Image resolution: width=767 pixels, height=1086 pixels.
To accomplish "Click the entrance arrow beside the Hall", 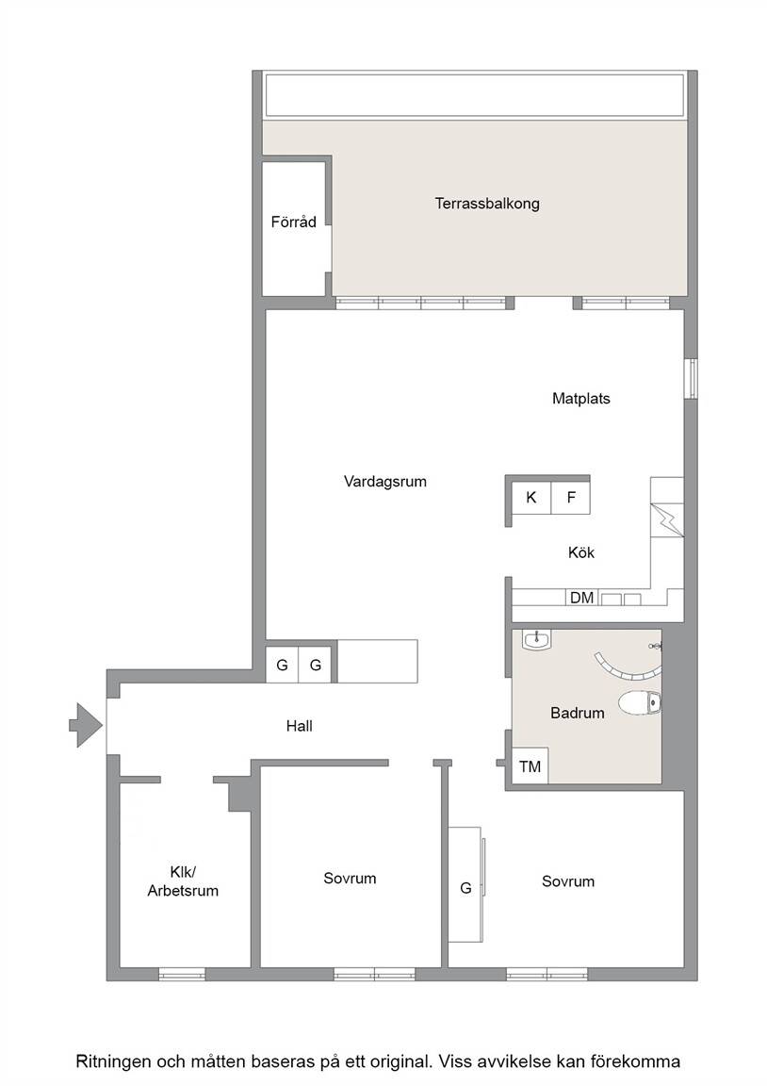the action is tap(87, 725).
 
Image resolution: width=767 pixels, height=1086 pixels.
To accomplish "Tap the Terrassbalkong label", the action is tap(487, 204).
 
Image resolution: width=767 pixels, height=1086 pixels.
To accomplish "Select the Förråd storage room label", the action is tap(293, 222).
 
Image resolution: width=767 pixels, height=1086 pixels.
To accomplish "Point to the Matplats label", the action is tap(581, 398).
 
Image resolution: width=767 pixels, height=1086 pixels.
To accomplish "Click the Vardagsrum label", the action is tap(384, 482).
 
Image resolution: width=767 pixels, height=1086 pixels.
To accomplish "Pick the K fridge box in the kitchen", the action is tap(530, 497).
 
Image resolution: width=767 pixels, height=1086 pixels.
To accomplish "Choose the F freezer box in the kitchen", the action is tap(570, 497).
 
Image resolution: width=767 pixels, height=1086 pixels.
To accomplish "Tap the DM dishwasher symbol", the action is tap(581, 597).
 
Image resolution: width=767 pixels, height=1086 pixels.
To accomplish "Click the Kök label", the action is tap(581, 552).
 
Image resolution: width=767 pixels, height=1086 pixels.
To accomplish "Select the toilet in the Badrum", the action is tap(641, 703).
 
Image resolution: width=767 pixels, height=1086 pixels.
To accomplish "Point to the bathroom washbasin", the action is tap(537, 639).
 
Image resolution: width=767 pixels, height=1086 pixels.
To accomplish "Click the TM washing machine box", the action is tap(530, 766).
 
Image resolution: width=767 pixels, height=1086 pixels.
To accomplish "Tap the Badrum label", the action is tap(578, 713).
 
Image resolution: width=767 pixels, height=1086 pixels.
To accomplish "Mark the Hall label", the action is tap(299, 726).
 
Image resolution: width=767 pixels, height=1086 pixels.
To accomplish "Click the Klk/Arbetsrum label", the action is tap(183, 881).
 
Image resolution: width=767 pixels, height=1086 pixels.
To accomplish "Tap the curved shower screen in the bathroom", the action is tap(627, 670).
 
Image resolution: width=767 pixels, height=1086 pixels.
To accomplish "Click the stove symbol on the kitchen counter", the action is tap(667, 520).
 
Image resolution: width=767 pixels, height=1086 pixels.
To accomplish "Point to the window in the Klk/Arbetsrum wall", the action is tap(182, 974).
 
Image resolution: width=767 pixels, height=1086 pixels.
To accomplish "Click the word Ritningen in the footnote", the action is tap(113, 1061).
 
